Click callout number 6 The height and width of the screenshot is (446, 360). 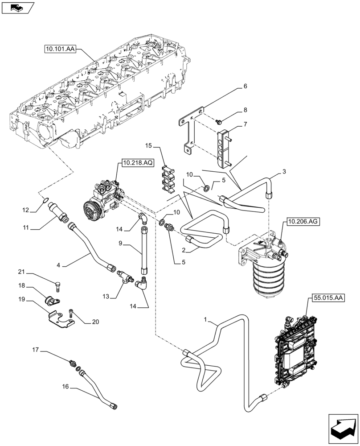(245, 87)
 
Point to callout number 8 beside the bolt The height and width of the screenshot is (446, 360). (245, 110)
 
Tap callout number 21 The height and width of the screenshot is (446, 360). (21, 272)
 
